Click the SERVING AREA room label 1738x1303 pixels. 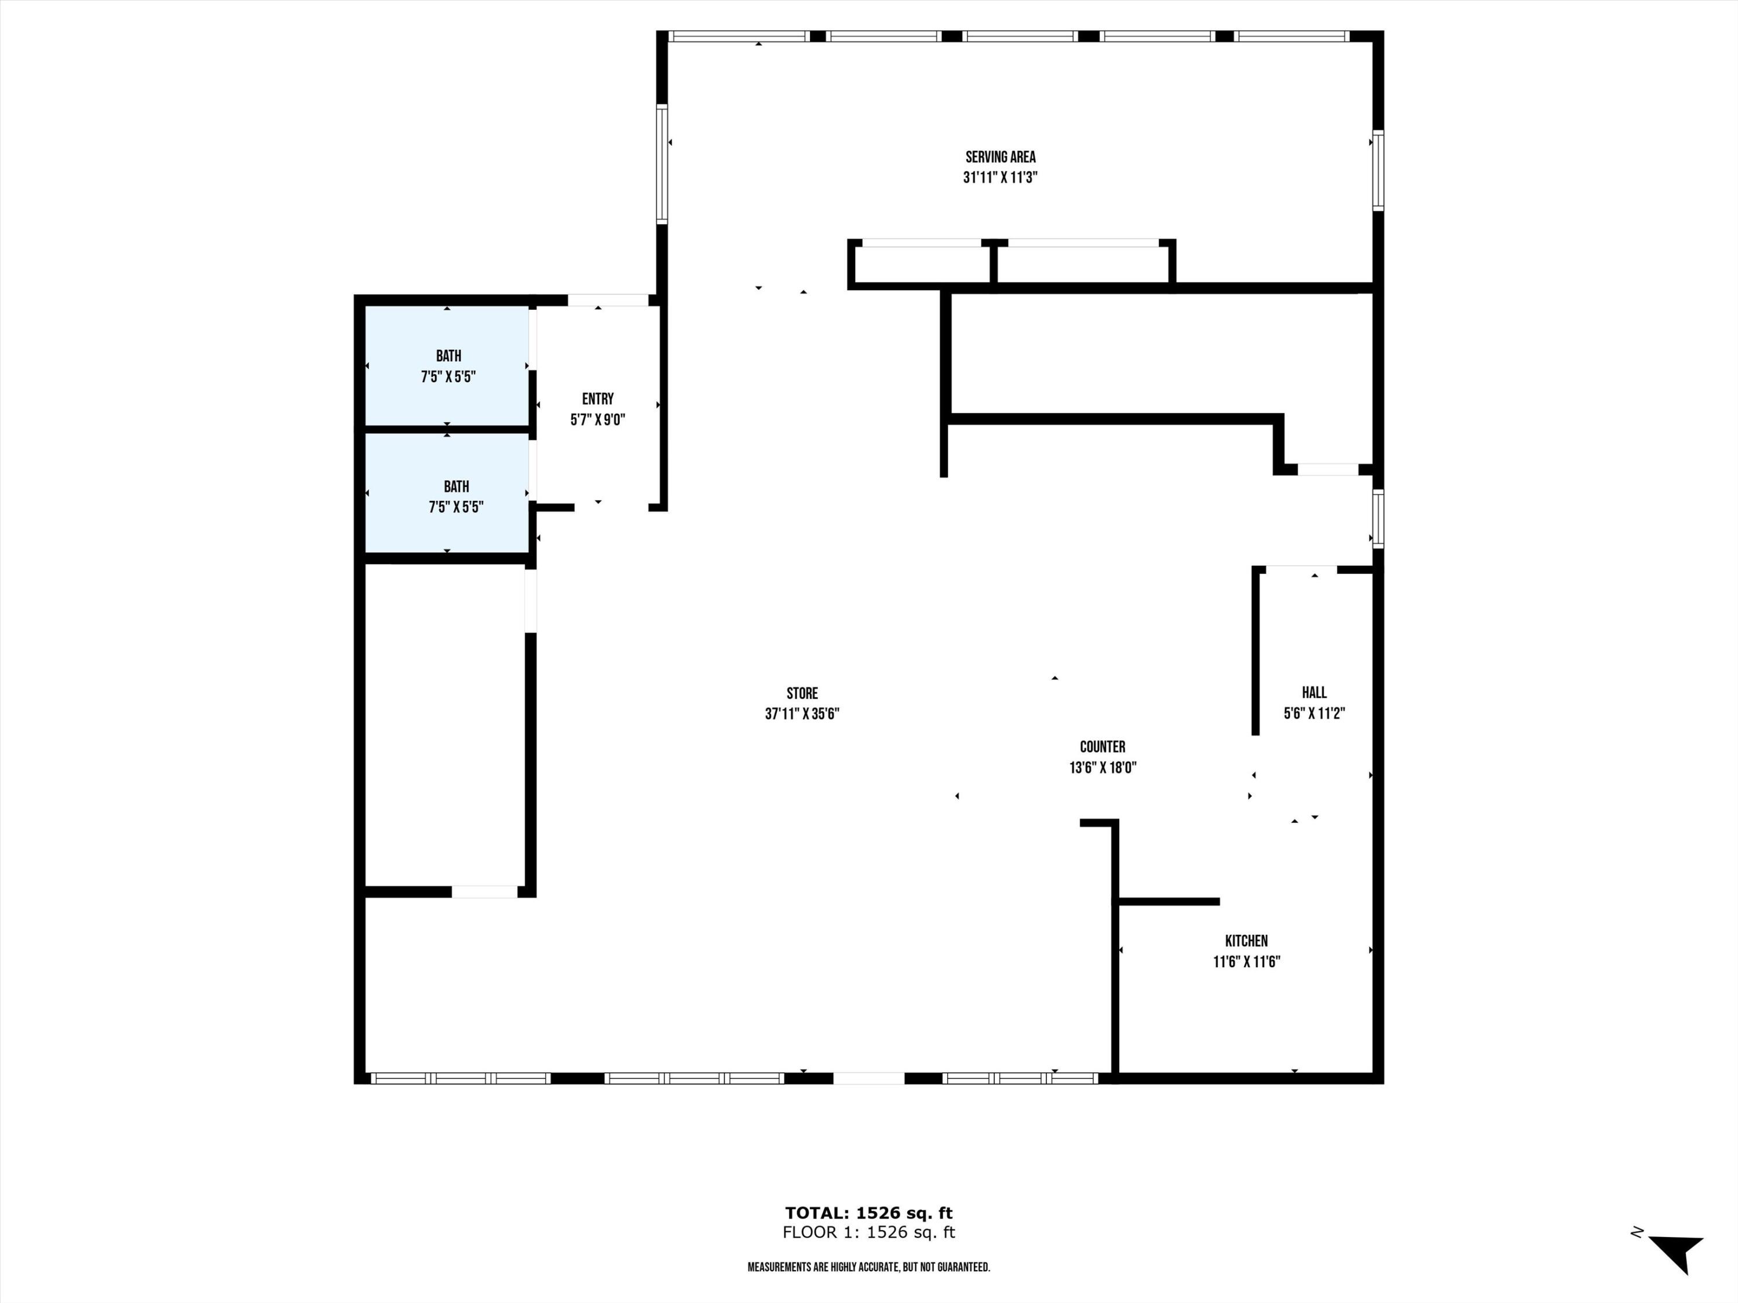coord(1000,157)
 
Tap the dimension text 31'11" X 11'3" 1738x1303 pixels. coord(1000,178)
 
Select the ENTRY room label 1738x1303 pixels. coord(598,399)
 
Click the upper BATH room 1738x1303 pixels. coord(446,367)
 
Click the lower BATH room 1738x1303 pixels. coord(446,493)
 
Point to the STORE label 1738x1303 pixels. coord(802,694)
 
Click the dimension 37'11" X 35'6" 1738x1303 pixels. coord(802,714)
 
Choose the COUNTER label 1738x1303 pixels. coord(1102,747)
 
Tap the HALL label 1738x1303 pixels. coord(1315,693)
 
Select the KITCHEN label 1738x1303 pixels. coord(1246,941)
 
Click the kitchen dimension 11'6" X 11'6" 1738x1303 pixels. coord(1247,961)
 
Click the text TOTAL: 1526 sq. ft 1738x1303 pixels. coord(869,1213)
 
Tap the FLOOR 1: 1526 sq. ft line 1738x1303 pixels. coord(869,1232)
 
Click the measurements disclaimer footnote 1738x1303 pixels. coord(868,1268)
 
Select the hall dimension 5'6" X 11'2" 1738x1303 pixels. coord(1315,713)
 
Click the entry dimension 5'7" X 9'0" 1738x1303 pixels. coord(598,419)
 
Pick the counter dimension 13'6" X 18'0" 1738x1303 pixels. coord(1103,767)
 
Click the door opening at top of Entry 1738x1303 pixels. coord(608,300)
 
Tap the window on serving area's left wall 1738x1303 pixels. coord(662,163)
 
